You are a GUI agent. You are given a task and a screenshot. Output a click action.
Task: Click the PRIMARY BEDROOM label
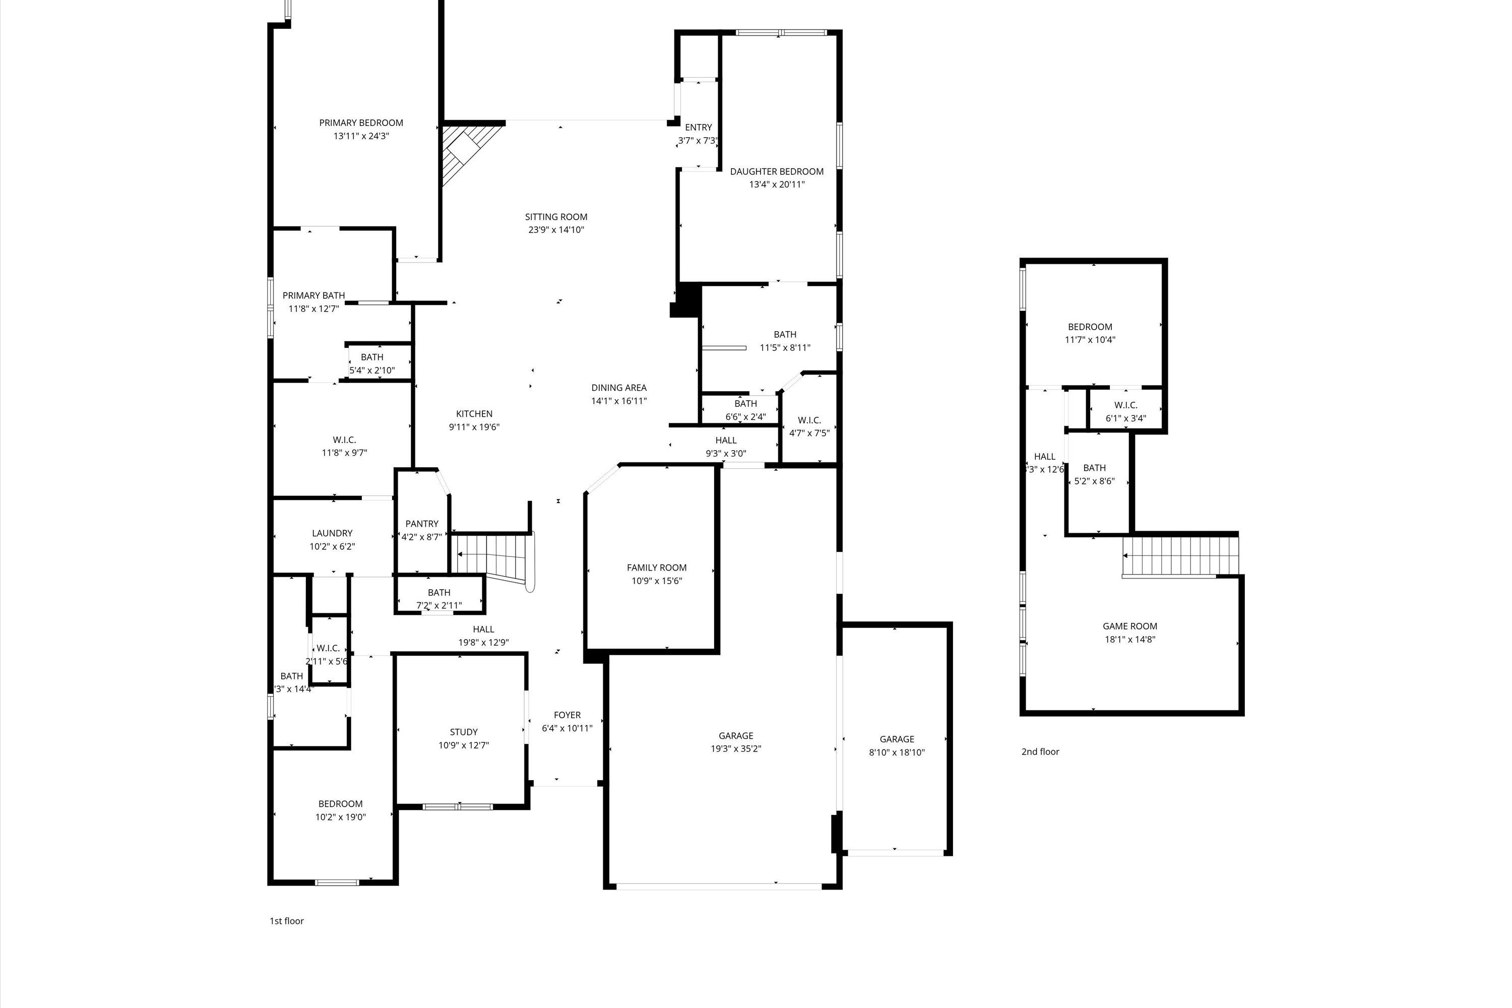point(361,123)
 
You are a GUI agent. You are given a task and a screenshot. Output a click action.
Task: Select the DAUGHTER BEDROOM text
point(777,172)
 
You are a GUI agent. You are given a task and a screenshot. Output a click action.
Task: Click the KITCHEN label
point(474,414)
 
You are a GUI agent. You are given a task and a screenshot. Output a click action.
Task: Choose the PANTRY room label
point(422,524)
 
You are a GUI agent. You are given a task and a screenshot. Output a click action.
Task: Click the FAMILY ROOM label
point(656,568)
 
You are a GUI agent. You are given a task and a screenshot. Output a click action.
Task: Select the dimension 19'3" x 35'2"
point(735,749)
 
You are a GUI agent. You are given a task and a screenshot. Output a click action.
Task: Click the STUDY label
point(464,732)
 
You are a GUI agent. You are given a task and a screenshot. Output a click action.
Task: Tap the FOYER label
point(567,715)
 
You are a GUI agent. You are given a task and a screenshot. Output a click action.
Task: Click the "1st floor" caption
point(286,921)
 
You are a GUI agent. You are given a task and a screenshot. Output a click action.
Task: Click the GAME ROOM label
point(1129,626)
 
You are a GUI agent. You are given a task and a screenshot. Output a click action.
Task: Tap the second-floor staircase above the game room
point(1180,555)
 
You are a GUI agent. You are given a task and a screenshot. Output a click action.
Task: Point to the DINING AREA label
point(618,388)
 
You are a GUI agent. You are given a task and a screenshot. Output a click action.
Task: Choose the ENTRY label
point(698,128)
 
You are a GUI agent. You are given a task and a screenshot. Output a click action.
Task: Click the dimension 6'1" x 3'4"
point(1125,418)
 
